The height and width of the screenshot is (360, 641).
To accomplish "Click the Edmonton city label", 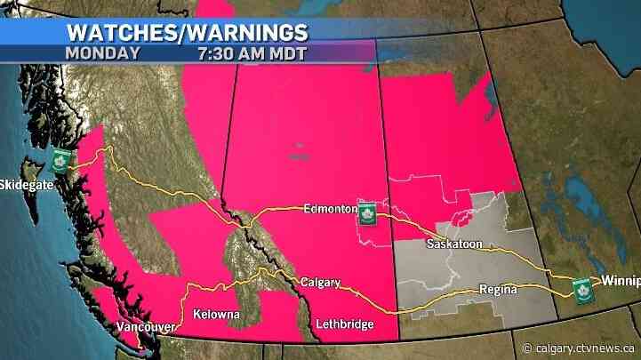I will [x=329, y=210].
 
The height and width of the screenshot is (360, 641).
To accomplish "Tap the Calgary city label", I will [x=319, y=283].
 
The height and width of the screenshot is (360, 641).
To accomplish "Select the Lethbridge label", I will [x=343, y=324].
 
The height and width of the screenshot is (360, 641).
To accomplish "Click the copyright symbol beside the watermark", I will [x=528, y=348].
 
